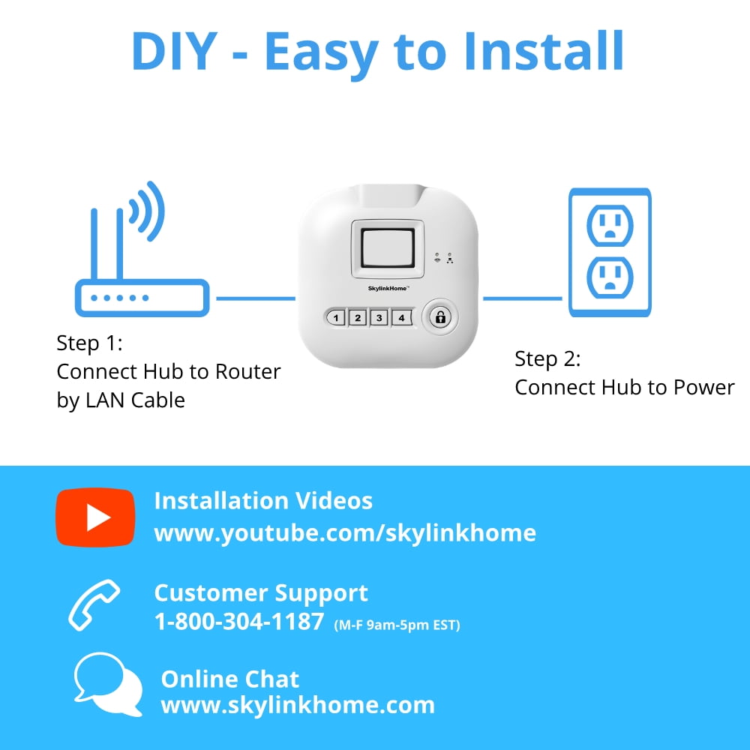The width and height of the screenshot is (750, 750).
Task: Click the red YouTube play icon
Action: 95,517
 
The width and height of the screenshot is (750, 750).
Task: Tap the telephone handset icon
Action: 94,604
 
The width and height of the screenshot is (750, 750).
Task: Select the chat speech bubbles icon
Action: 108,684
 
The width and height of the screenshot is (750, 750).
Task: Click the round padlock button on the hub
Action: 440,317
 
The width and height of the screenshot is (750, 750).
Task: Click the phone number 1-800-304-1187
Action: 238,622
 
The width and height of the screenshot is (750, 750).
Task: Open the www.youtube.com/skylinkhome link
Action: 345,532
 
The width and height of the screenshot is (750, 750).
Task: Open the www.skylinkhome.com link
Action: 298,705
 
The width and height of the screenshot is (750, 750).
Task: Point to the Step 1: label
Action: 88,343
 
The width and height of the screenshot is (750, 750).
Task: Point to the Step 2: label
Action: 547,359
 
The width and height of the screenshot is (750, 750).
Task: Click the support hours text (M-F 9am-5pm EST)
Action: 397,624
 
